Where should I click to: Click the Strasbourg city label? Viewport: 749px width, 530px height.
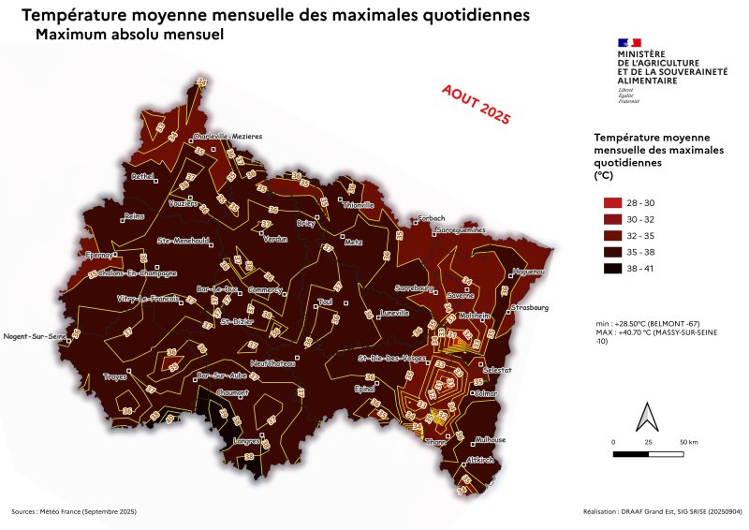[x=530, y=307]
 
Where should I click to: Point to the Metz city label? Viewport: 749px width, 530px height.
[x=353, y=242]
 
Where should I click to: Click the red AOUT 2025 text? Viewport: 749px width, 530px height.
[x=476, y=103]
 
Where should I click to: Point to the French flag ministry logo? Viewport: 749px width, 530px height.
[x=629, y=43]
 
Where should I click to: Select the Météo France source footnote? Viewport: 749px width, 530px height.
[x=74, y=512]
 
